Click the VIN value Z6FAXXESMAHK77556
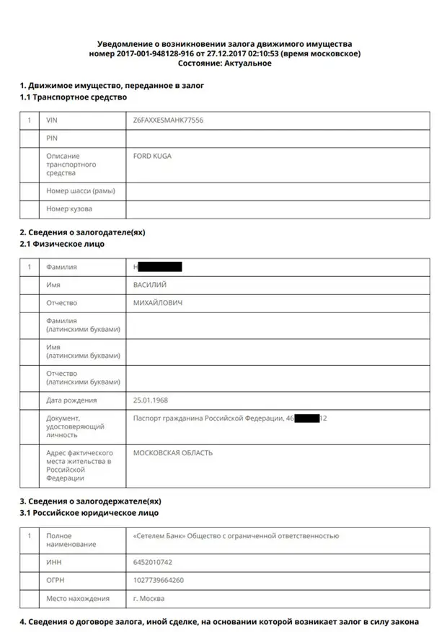pyautogui.click(x=168, y=120)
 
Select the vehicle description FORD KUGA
pyautogui.click(x=152, y=156)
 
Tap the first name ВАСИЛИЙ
pyautogui.click(x=150, y=285)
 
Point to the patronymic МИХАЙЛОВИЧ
pyautogui.click(x=158, y=303)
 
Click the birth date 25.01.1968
pyautogui.click(x=151, y=400)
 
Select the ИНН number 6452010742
pyautogui.click(x=153, y=562)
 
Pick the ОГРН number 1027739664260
pyautogui.click(x=159, y=580)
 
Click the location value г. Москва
pyautogui.click(x=149, y=598)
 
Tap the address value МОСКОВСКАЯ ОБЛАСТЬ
pyautogui.click(x=173, y=453)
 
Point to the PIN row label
pyautogui.click(x=52, y=138)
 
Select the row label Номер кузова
pyautogui.click(x=69, y=209)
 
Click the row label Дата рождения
pyautogui.click(x=71, y=400)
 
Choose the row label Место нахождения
pyautogui.click(x=78, y=598)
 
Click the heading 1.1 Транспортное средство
pyautogui.click(x=73, y=97)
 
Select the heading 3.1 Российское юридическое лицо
pyautogui.click(x=89, y=513)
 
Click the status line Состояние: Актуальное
pyautogui.click(x=224, y=63)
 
